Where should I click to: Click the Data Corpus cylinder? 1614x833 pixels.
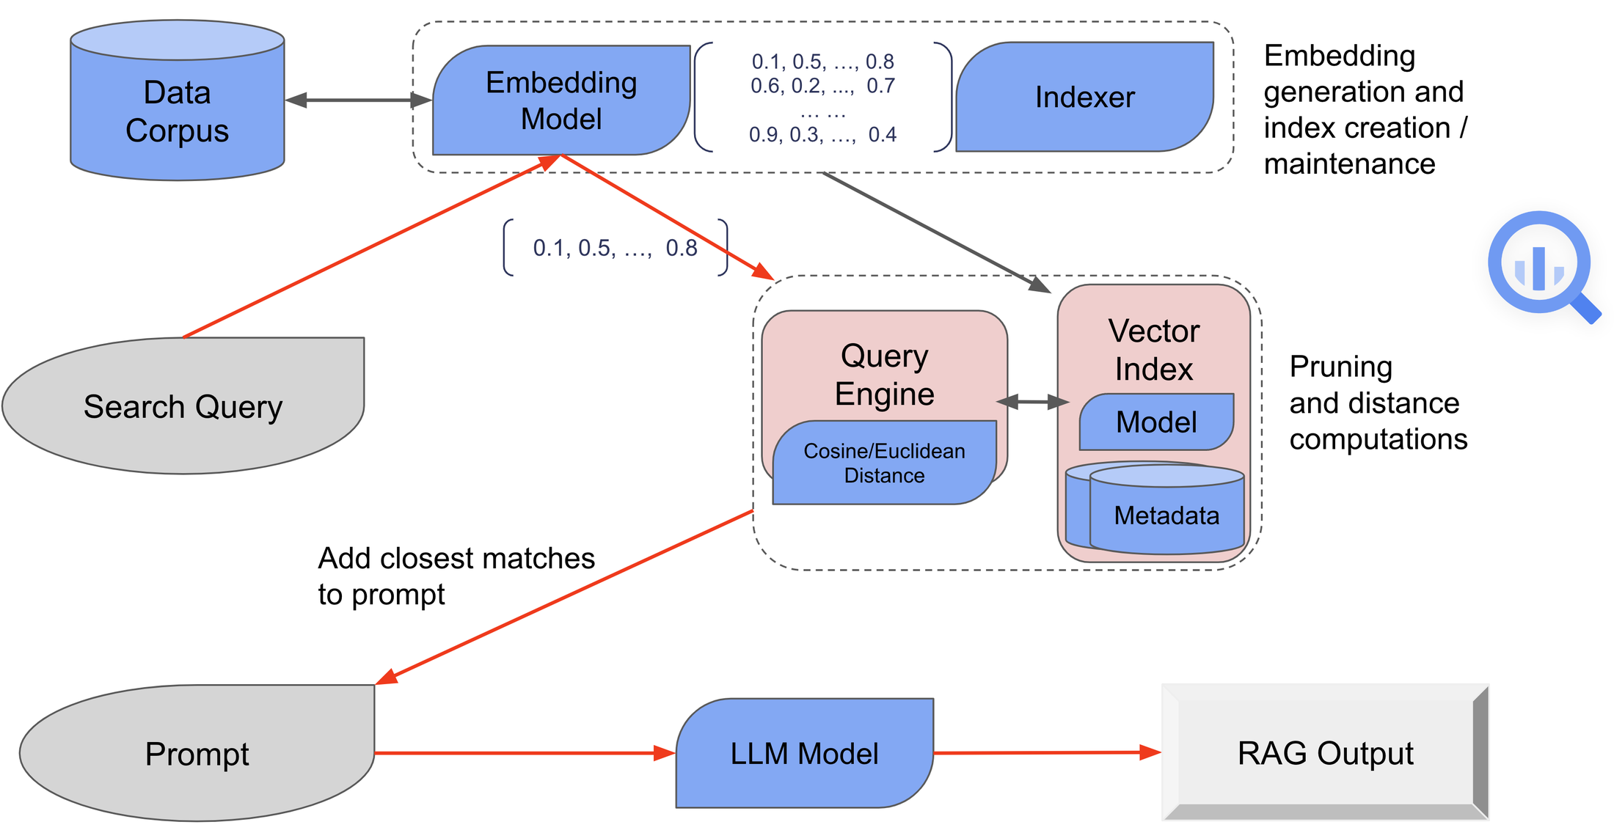[x=177, y=110]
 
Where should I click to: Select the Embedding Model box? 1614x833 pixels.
[x=560, y=100]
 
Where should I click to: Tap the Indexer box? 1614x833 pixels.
[x=1084, y=98]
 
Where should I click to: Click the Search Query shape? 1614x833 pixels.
[x=183, y=406]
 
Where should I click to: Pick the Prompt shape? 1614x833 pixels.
[x=197, y=754]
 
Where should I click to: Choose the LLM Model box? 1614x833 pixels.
[x=804, y=754]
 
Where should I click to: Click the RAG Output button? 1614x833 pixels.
[x=1325, y=753]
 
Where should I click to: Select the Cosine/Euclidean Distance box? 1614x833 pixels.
[x=884, y=463]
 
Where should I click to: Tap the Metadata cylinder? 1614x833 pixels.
[x=1166, y=515]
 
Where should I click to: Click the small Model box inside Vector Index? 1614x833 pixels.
[x=1156, y=422]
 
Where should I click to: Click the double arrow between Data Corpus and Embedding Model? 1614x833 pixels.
[x=358, y=100]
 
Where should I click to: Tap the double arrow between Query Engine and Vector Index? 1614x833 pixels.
[x=1033, y=402]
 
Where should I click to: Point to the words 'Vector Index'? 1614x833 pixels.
[x=1153, y=350]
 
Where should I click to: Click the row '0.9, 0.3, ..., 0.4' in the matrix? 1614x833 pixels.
[x=822, y=135]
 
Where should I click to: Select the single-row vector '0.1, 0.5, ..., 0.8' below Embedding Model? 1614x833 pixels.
[x=615, y=248]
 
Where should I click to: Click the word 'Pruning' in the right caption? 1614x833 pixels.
[x=1340, y=367]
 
